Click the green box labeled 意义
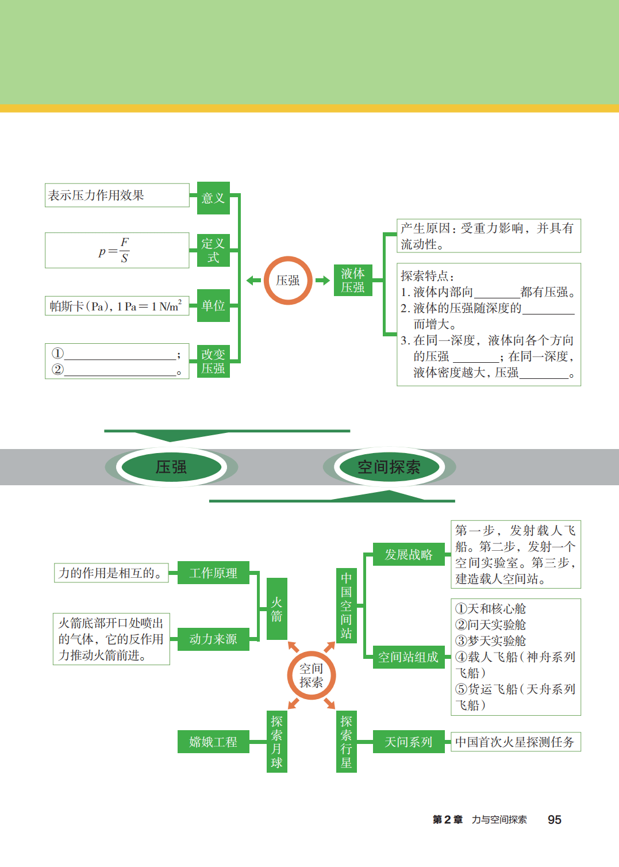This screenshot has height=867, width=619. [x=213, y=198]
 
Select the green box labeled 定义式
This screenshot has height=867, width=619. [x=213, y=251]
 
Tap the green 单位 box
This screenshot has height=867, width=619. [x=213, y=305]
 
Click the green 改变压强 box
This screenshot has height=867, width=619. [x=213, y=361]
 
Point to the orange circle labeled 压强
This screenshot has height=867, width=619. [x=288, y=281]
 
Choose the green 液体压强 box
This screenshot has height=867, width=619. [x=353, y=280]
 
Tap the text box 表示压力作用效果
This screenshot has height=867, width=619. [x=117, y=195]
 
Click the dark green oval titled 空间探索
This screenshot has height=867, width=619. [x=389, y=467]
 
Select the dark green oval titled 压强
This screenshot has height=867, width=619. [x=171, y=467]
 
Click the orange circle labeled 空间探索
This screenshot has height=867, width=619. [x=311, y=676]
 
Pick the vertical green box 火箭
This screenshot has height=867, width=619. [x=277, y=609]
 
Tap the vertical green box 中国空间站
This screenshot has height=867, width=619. [x=346, y=605]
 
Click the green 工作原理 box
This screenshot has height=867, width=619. [x=213, y=573]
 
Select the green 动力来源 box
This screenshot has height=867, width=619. [x=213, y=639]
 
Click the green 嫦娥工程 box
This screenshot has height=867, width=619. [x=213, y=742]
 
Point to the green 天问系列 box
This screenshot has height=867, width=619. [x=409, y=742]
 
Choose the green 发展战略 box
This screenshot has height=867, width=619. [x=409, y=554]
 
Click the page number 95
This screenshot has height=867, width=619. [x=554, y=820]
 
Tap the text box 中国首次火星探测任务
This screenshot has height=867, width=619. [x=515, y=742]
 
